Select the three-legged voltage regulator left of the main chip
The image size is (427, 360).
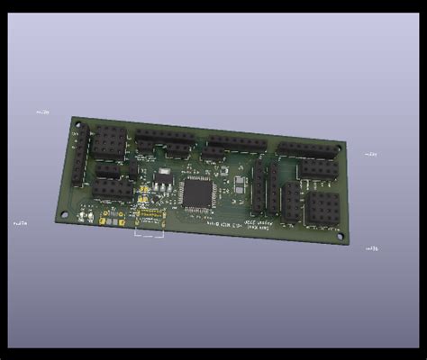click(x=162, y=180)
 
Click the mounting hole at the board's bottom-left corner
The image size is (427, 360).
click(x=64, y=213)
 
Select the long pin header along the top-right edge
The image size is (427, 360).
click(x=306, y=150)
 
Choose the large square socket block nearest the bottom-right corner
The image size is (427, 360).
click(x=323, y=208)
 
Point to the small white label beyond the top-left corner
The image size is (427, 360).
click(x=42, y=112)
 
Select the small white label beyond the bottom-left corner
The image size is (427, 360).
click(x=19, y=221)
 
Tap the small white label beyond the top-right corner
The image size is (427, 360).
click(x=370, y=155)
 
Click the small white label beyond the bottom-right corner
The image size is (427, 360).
click(x=371, y=247)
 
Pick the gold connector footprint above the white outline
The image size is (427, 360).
click(x=149, y=216)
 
